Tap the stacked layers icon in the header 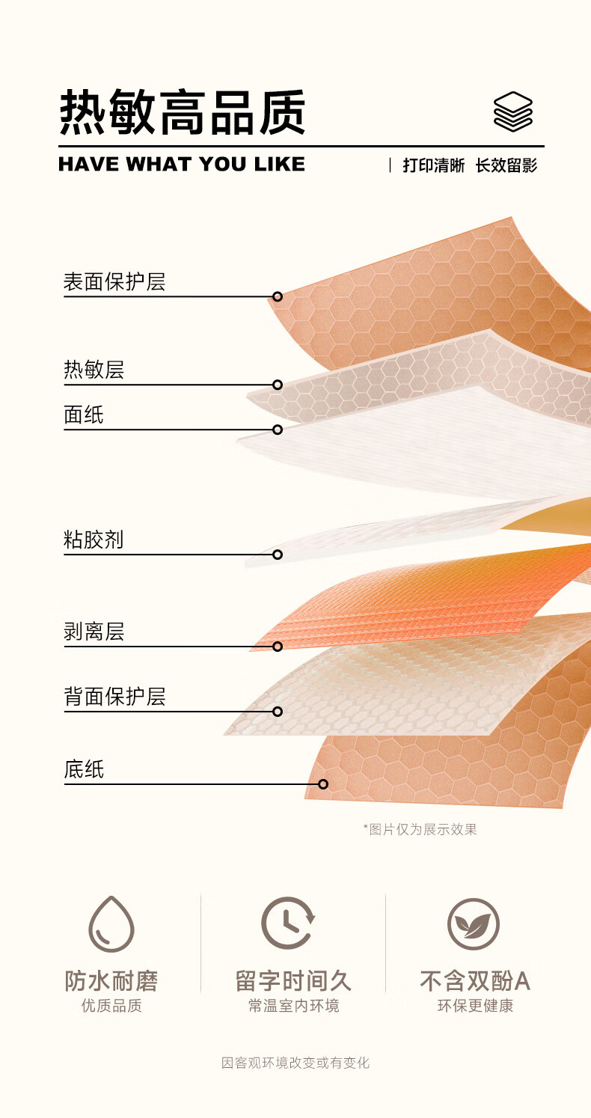pyautogui.click(x=512, y=112)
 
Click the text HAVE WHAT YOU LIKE pyautogui.click(x=182, y=164)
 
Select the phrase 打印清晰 pyautogui.click(x=433, y=165)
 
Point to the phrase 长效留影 pyautogui.click(x=506, y=165)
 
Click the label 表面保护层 pyautogui.click(x=114, y=282)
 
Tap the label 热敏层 pyautogui.click(x=94, y=370)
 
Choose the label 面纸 pyautogui.click(x=84, y=415)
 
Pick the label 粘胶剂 pyautogui.click(x=94, y=540)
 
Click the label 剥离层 pyautogui.click(x=94, y=632)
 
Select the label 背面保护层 pyautogui.click(x=114, y=697)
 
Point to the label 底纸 pyautogui.click(x=84, y=769)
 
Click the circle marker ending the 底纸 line pyautogui.click(x=323, y=784)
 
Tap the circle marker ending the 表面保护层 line pyautogui.click(x=278, y=296)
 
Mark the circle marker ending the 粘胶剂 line pyautogui.click(x=278, y=555)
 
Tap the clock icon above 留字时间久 pyautogui.click(x=288, y=923)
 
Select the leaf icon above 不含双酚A pyautogui.click(x=473, y=923)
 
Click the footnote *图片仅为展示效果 pyautogui.click(x=420, y=829)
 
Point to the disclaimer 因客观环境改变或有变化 pyautogui.click(x=295, y=1063)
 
